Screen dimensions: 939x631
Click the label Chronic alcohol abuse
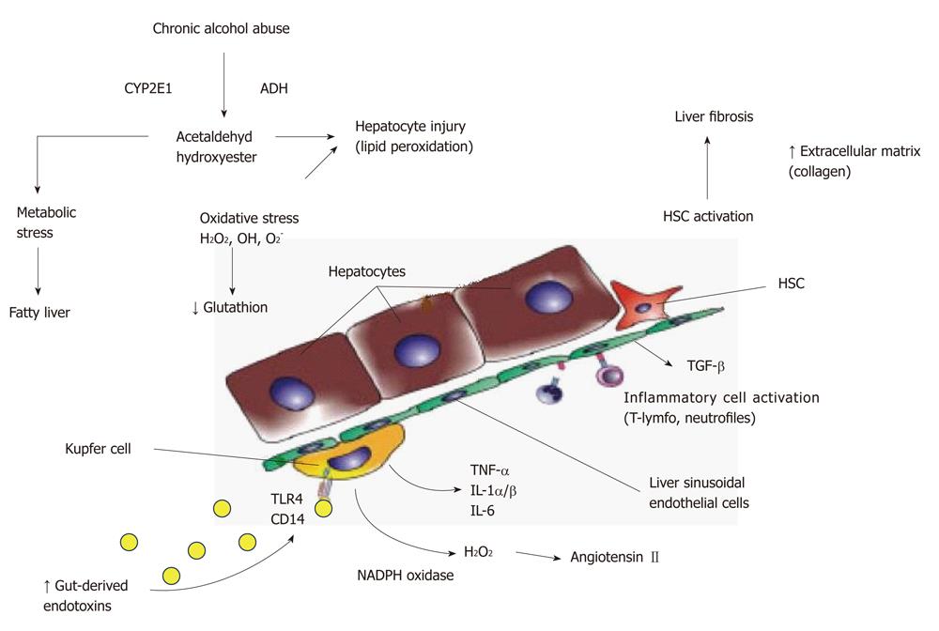coord(221,29)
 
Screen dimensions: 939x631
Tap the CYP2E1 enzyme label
coord(148,88)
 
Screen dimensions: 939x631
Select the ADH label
coord(273,88)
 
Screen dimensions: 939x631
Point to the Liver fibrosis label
coord(714,116)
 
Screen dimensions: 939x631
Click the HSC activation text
coord(708,217)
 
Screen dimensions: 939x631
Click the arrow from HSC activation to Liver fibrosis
coord(707,168)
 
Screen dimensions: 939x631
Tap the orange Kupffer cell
coord(346,454)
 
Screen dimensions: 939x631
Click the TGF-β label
coord(705,366)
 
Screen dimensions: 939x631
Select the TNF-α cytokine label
coord(490,470)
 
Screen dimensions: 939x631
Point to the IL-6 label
coord(483,511)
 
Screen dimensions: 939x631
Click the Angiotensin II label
coord(614,558)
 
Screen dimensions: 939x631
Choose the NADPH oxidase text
coord(406,576)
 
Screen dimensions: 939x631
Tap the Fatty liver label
coord(39,313)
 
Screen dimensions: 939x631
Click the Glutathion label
coord(230,308)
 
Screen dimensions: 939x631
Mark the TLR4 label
coord(286,499)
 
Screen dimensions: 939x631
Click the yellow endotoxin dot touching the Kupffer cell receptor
coord(323,508)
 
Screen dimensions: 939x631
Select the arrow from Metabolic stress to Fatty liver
coord(38,271)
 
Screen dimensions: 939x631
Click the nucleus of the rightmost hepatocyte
coord(548,295)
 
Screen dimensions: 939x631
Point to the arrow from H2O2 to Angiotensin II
coord(538,556)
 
